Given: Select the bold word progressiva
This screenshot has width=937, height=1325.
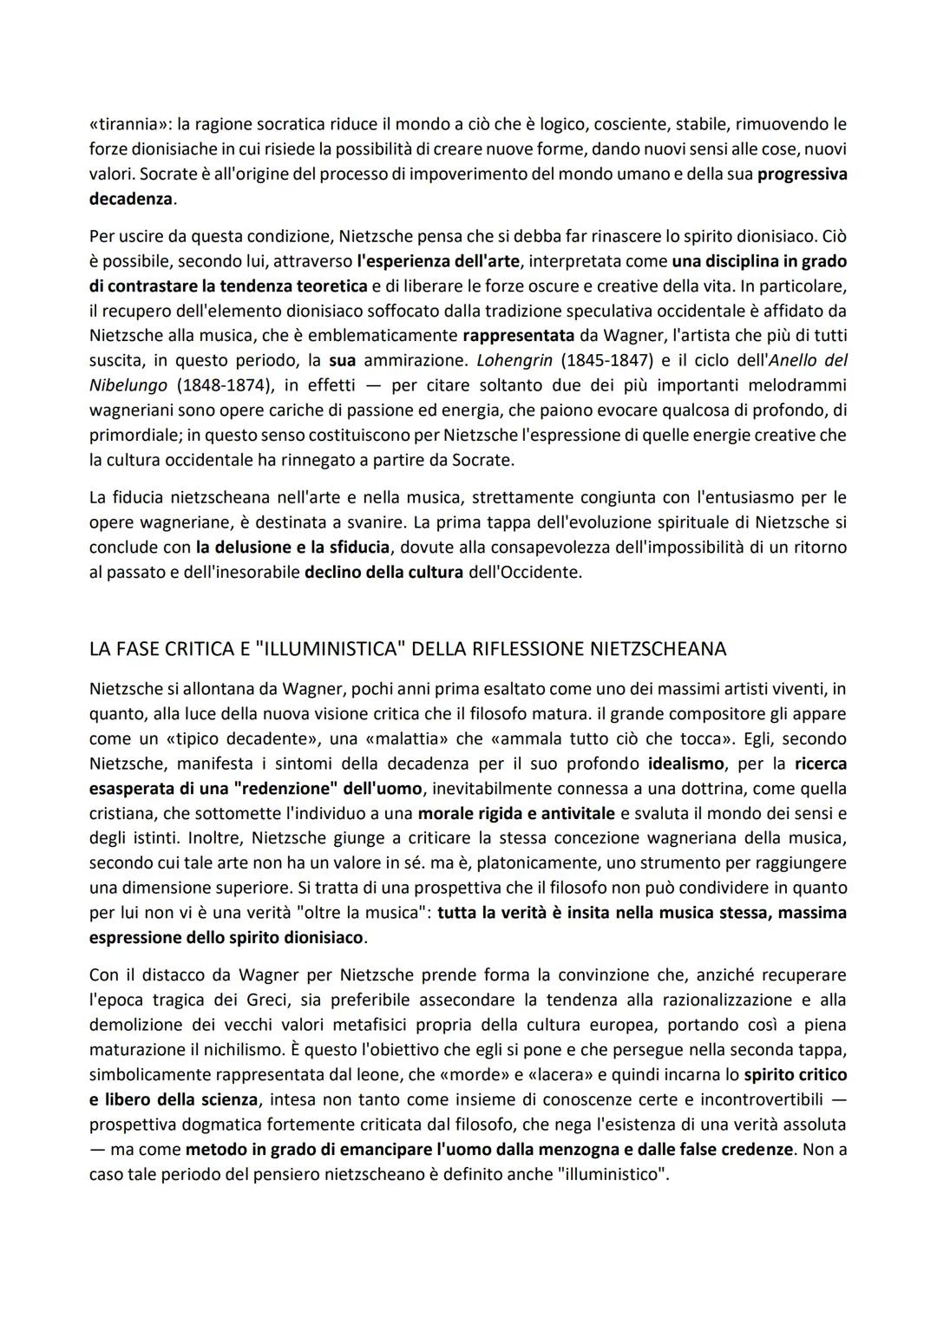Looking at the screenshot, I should (802, 174).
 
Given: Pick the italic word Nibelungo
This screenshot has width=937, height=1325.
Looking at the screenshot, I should (128, 384).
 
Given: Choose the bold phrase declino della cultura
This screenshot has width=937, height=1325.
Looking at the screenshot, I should (383, 573).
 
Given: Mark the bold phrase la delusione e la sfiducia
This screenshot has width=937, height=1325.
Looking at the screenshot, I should (292, 548).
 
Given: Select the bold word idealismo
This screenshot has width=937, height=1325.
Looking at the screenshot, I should (691, 764).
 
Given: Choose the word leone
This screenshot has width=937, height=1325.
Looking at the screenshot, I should (379, 1074).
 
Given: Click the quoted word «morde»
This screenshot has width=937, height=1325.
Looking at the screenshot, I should (469, 1074).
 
